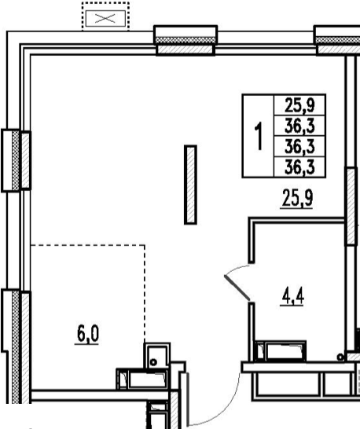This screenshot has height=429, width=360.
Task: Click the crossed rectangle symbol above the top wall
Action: point(105,19)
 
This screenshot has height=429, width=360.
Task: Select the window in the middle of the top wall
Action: point(186,41)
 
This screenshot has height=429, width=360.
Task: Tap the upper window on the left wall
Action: point(17,160)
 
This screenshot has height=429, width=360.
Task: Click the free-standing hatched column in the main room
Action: point(190,185)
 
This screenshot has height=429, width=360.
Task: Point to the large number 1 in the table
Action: point(259,136)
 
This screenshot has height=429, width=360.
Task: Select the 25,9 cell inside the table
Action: point(299,105)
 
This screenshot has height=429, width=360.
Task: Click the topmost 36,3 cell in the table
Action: point(299,126)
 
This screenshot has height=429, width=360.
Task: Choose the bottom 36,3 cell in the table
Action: point(299,167)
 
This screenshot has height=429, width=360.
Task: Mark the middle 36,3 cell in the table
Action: point(299,146)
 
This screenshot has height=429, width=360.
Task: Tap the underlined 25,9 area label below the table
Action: point(297,199)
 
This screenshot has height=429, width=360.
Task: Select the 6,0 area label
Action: point(87,335)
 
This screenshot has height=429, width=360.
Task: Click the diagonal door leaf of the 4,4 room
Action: point(237,288)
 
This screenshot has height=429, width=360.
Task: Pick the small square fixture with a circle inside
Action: point(157,356)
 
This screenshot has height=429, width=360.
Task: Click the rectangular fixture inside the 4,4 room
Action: point(281,351)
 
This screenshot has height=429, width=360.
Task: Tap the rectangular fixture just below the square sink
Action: point(142,379)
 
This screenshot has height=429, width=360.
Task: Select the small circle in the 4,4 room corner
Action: point(340,357)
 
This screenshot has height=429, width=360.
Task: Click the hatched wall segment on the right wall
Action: point(351,206)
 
